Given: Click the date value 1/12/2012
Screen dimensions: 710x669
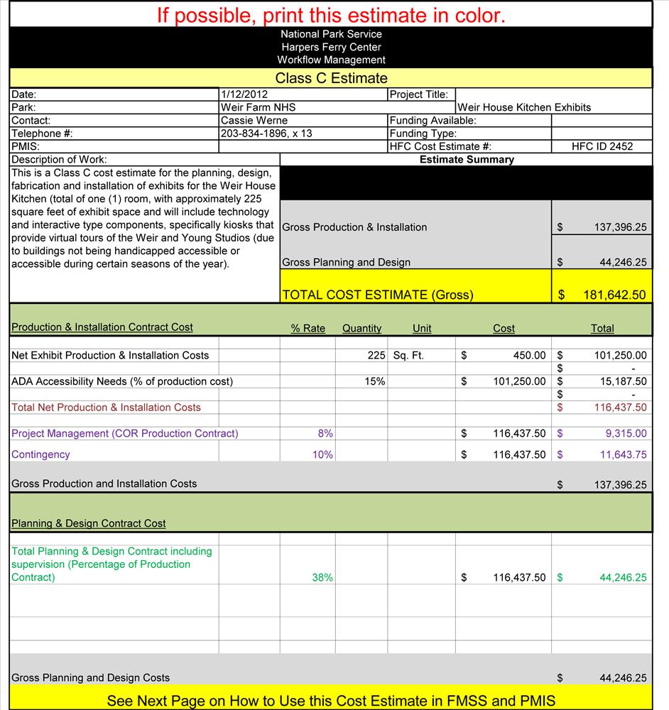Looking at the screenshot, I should (x=244, y=94).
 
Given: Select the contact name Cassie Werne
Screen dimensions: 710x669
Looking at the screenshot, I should (x=254, y=121).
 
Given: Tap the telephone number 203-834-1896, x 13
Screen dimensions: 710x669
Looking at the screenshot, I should (x=266, y=133).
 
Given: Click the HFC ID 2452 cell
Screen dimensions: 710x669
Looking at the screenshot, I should (x=602, y=147).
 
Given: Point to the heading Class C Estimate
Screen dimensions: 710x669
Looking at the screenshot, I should (x=331, y=78).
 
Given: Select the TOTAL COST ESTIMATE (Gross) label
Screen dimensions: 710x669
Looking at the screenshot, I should (x=377, y=295).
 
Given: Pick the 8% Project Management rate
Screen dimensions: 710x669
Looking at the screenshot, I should (x=325, y=433).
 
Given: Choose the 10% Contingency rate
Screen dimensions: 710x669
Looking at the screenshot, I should (x=322, y=454).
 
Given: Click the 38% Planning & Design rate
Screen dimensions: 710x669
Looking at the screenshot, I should (x=322, y=578).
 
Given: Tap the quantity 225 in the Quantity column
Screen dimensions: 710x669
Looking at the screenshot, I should (x=376, y=355).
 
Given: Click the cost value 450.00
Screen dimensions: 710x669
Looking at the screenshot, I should (x=529, y=355).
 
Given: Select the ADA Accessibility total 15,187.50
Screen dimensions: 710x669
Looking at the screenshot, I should (x=620, y=381).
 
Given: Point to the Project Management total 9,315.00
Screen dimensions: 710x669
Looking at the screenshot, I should (x=623, y=433).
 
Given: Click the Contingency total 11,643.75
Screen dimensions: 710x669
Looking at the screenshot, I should (x=620, y=454).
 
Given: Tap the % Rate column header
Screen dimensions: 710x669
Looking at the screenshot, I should (x=308, y=329).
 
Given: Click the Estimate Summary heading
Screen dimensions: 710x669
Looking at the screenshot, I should (x=466, y=160).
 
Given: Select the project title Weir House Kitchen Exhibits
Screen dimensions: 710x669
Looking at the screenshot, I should (x=524, y=108).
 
